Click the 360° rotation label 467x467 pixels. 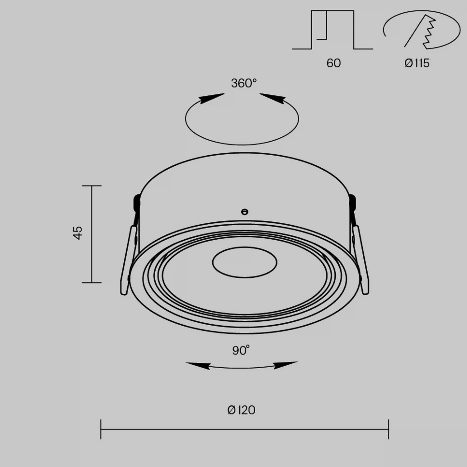[x=244, y=83]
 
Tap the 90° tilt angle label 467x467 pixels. [x=241, y=350]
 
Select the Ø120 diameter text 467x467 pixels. [x=241, y=410]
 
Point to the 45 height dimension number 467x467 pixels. [x=78, y=233]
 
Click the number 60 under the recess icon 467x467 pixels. [x=333, y=63]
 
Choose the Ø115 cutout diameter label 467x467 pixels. [x=417, y=63]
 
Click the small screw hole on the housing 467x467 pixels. [x=245, y=212]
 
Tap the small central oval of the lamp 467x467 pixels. [x=245, y=262]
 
